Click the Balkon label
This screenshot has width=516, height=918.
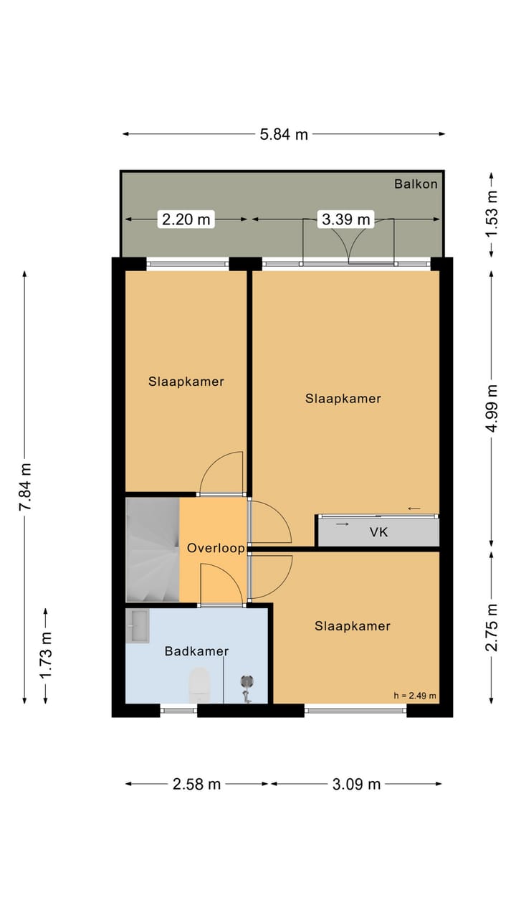pyautogui.click(x=416, y=184)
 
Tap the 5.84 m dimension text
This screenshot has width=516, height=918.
pyautogui.click(x=284, y=134)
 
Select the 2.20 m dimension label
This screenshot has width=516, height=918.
pyautogui.click(x=186, y=219)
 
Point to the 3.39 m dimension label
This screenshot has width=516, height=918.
pyautogui.click(x=346, y=219)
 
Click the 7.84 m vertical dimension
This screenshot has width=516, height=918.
pyautogui.click(x=25, y=486)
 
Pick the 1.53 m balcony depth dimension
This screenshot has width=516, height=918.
pyautogui.click(x=492, y=214)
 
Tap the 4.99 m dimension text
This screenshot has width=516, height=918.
pyautogui.click(x=492, y=408)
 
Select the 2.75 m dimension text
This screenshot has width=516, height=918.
pyautogui.click(x=492, y=628)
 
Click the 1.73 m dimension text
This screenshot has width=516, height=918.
pyautogui.click(x=46, y=656)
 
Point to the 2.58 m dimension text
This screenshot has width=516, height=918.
pyautogui.click(x=196, y=784)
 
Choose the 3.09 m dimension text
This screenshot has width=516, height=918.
pyautogui.click(x=356, y=784)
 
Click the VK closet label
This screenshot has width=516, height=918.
pyautogui.click(x=378, y=532)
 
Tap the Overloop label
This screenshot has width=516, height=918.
pyautogui.click(x=216, y=548)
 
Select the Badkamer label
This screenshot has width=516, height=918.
pyautogui.click(x=196, y=650)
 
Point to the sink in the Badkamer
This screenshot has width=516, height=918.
pyautogui.click(x=138, y=626)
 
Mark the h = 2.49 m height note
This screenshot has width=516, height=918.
pyautogui.click(x=415, y=696)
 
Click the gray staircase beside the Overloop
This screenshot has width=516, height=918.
pyautogui.click(x=153, y=549)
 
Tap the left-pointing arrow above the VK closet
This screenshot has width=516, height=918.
pyautogui.click(x=414, y=508)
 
